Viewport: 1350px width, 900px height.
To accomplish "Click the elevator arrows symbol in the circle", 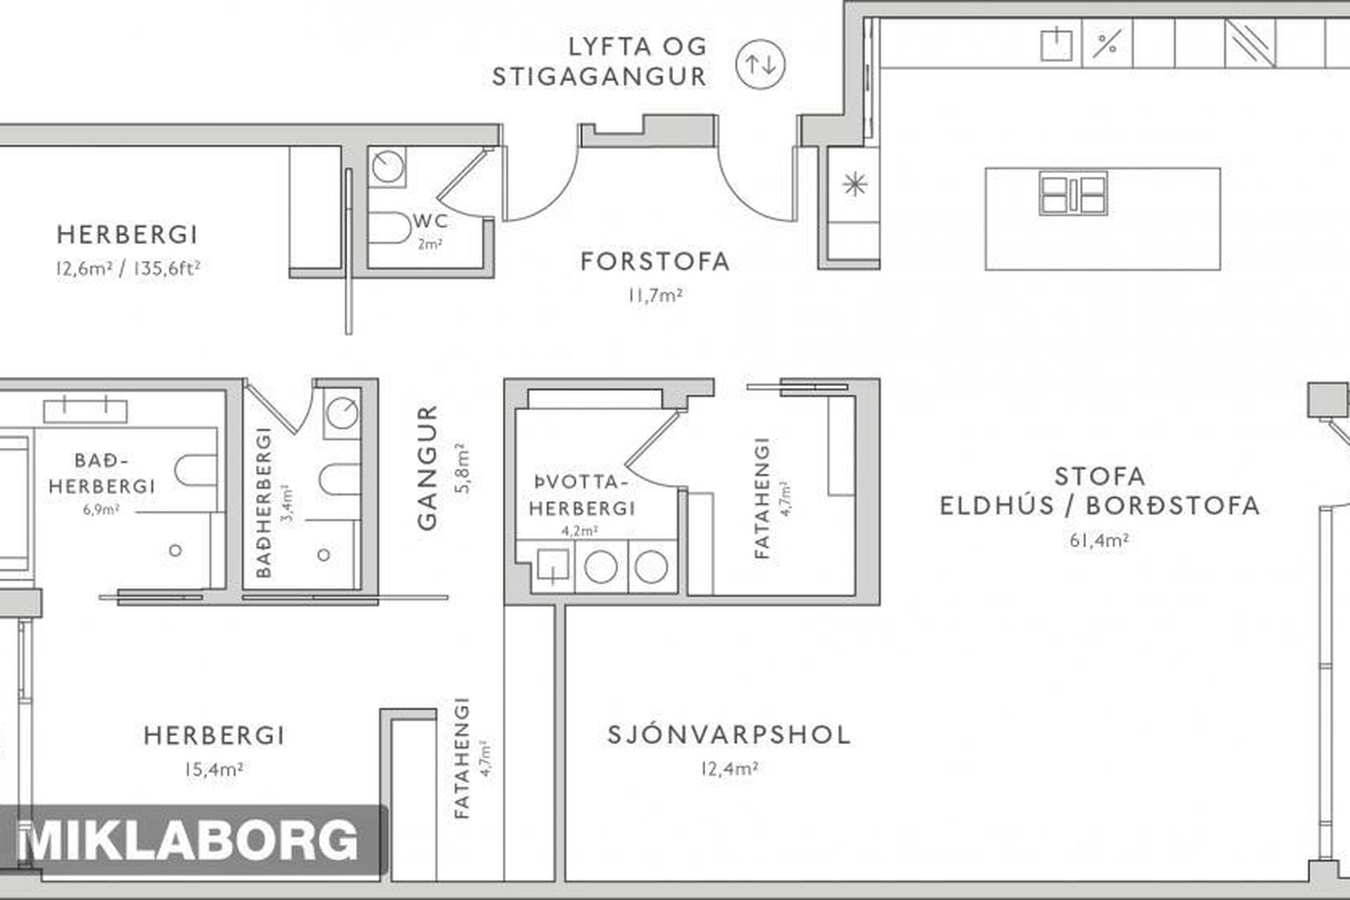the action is tap(760, 65).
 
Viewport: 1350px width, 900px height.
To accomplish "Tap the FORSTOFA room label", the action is tap(655, 262).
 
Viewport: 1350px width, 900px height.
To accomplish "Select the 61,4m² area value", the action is tap(1100, 541).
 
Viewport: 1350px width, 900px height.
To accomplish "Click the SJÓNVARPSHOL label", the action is tap(729, 735).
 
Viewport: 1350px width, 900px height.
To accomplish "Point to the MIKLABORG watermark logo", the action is tap(188, 841).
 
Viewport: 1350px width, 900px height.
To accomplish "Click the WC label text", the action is tap(430, 220).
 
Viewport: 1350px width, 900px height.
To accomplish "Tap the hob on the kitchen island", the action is tap(1073, 193).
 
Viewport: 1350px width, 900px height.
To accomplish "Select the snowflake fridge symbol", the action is tap(854, 184).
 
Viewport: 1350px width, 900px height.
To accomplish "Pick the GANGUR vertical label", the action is tap(427, 468).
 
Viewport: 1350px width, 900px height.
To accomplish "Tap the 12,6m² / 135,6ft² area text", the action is tap(129, 268).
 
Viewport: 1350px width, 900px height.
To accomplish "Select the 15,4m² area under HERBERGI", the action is tap(214, 769).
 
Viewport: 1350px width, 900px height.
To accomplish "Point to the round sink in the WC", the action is tap(385, 167).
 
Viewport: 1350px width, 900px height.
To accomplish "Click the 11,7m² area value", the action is tap(655, 295).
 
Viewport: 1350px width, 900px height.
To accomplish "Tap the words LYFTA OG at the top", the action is tap(638, 46).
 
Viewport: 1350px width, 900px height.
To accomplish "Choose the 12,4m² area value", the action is tap(729, 769).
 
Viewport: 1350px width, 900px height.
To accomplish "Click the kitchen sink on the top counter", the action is tap(1057, 44).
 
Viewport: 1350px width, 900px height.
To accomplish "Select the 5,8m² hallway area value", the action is tap(463, 468).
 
